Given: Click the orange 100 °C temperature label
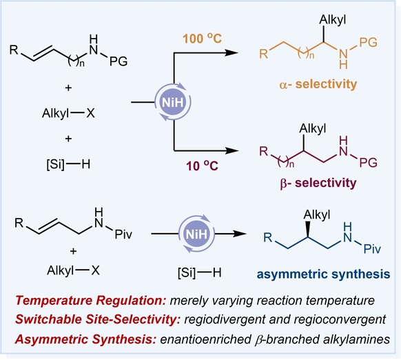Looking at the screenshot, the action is (x=202, y=39).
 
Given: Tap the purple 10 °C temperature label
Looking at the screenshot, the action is (x=202, y=166).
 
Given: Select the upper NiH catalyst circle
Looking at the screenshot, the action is (x=173, y=102).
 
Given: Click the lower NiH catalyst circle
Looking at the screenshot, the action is (x=196, y=234).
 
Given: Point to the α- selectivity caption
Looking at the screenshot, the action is (x=318, y=84).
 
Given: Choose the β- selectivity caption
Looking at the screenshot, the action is (x=318, y=183).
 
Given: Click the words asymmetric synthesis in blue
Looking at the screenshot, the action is (x=324, y=274).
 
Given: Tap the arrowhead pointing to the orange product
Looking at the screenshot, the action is (x=232, y=52).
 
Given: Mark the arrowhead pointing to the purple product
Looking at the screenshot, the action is (x=232, y=150).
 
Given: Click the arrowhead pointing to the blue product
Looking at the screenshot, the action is (x=240, y=234).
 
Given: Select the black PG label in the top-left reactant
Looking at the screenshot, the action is (x=119, y=61).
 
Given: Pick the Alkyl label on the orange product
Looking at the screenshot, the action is (x=333, y=20).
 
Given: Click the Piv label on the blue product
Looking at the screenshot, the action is (x=372, y=248).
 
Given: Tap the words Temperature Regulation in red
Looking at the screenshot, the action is (x=91, y=300).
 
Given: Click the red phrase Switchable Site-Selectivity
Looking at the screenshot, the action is (x=98, y=319).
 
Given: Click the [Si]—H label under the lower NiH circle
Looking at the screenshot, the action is (x=200, y=273).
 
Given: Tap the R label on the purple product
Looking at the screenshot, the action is (x=264, y=152).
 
